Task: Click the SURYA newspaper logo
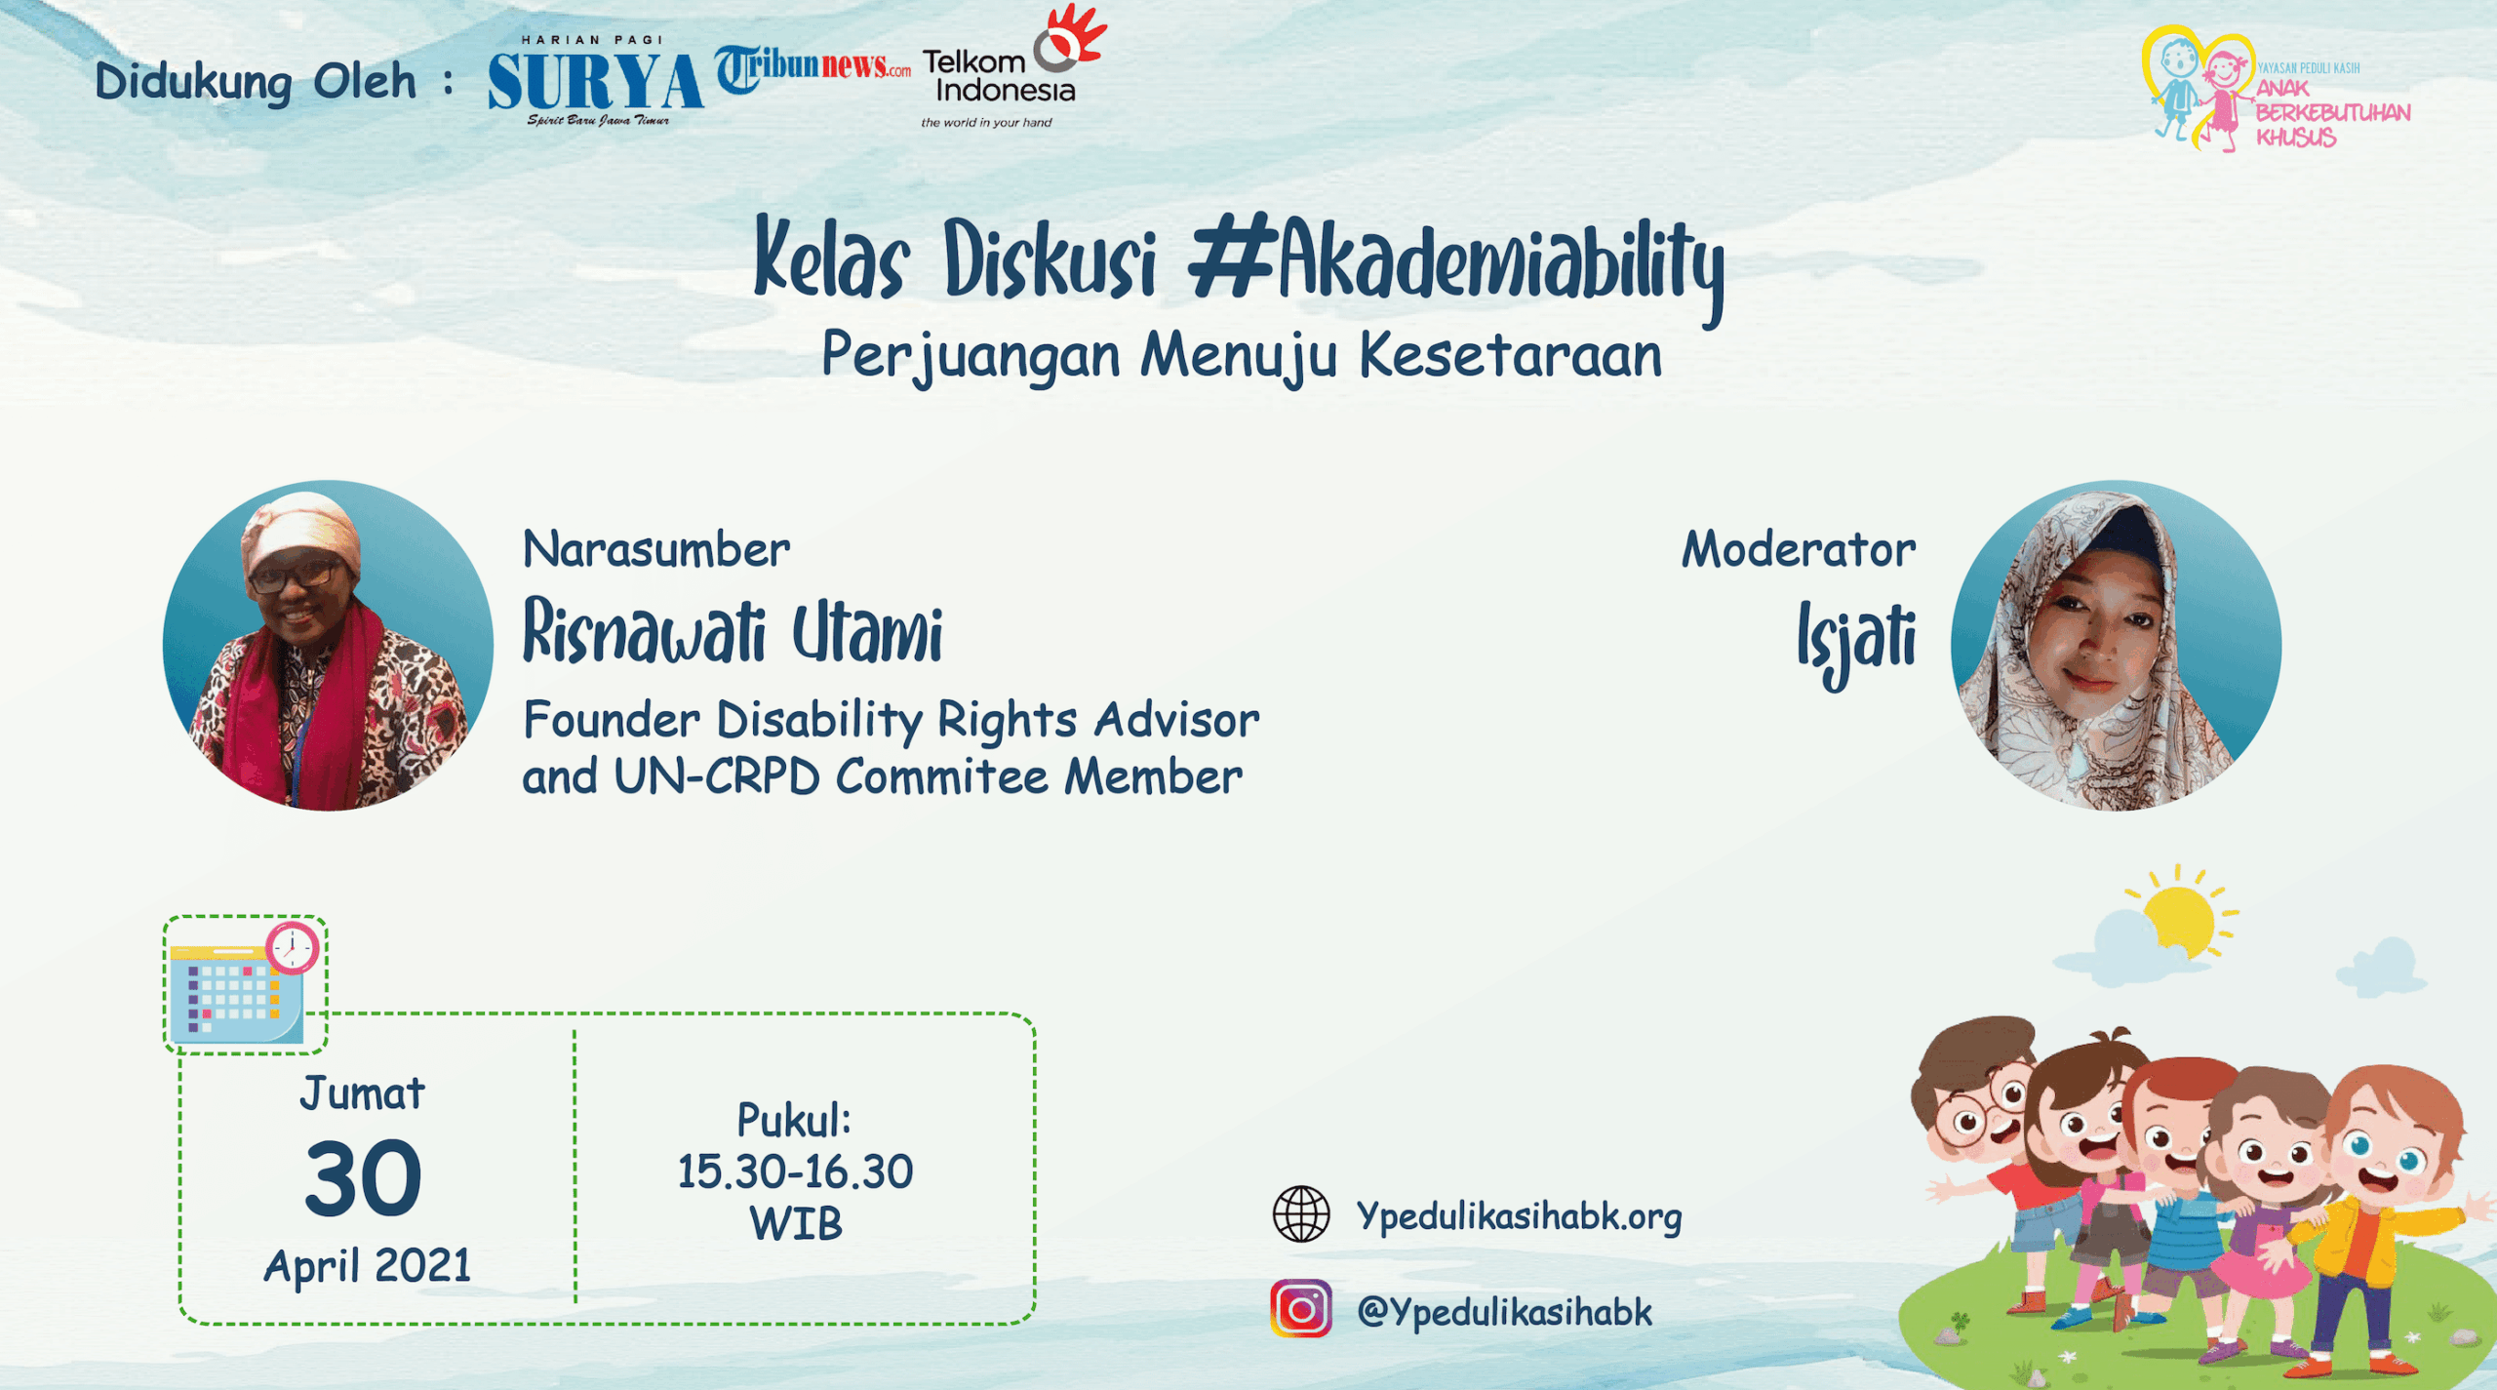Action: (x=595, y=82)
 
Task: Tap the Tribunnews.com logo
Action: (x=813, y=68)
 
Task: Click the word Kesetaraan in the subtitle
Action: (x=1511, y=355)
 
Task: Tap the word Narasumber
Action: (x=656, y=550)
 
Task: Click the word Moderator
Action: (x=1799, y=550)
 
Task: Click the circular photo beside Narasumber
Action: (x=328, y=645)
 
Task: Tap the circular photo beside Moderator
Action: (x=2116, y=645)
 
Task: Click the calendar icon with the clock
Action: (x=245, y=984)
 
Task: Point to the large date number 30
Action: (x=363, y=1179)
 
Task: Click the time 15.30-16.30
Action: (x=795, y=1172)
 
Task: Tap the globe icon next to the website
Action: (x=1301, y=1214)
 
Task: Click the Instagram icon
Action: (x=1301, y=1308)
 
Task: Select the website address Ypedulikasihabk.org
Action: (x=1520, y=1217)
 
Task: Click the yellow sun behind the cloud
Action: (x=2182, y=917)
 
